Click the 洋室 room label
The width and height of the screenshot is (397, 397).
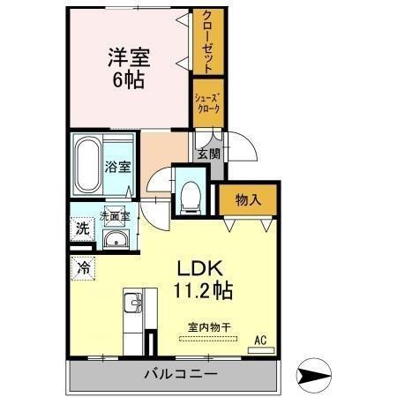[130, 57]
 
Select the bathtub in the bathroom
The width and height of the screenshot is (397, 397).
[88, 166]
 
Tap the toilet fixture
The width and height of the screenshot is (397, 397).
[189, 197]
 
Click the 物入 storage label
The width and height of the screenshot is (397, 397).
[248, 199]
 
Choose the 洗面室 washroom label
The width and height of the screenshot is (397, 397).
[114, 214]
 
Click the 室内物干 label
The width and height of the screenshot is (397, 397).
[209, 327]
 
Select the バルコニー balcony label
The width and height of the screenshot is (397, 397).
[181, 374]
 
